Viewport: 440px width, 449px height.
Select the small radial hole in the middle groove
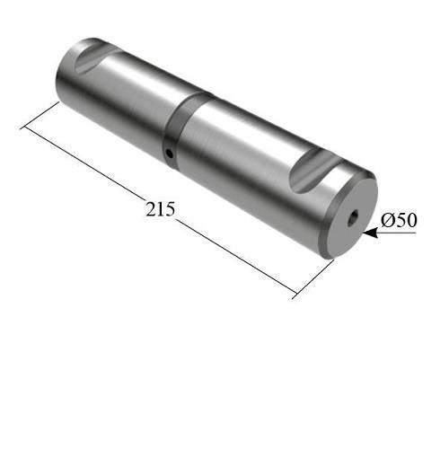pyautogui.click(x=169, y=154)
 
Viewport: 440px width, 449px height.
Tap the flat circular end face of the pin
pyautogui.click(x=349, y=216)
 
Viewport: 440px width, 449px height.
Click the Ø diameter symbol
pyautogui.click(x=386, y=220)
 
